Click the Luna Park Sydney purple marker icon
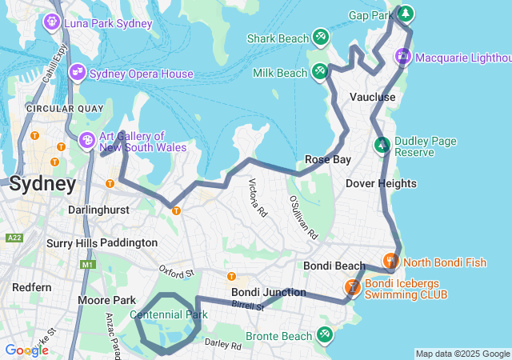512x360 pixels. click(53, 22)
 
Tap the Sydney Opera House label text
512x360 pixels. click(141, 74)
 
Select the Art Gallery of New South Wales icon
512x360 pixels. click(86, 141)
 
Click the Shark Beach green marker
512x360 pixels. click(320, 37)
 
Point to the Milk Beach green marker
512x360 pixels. click(319, 71)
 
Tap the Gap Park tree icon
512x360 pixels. click(406, 14)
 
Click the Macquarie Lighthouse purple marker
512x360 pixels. click(403, 56)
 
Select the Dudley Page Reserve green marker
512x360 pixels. click(382, 146)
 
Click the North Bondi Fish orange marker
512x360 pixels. click(390, 261)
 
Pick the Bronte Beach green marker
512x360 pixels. click(324, 334)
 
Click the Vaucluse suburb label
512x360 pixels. click(373, 97)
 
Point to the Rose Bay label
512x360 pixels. click(328, 159)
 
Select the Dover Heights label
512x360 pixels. click(381, 183)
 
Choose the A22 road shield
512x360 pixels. click(14, 238)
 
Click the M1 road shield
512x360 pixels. click(87, 265)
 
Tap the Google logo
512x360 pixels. click(26, 350)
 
